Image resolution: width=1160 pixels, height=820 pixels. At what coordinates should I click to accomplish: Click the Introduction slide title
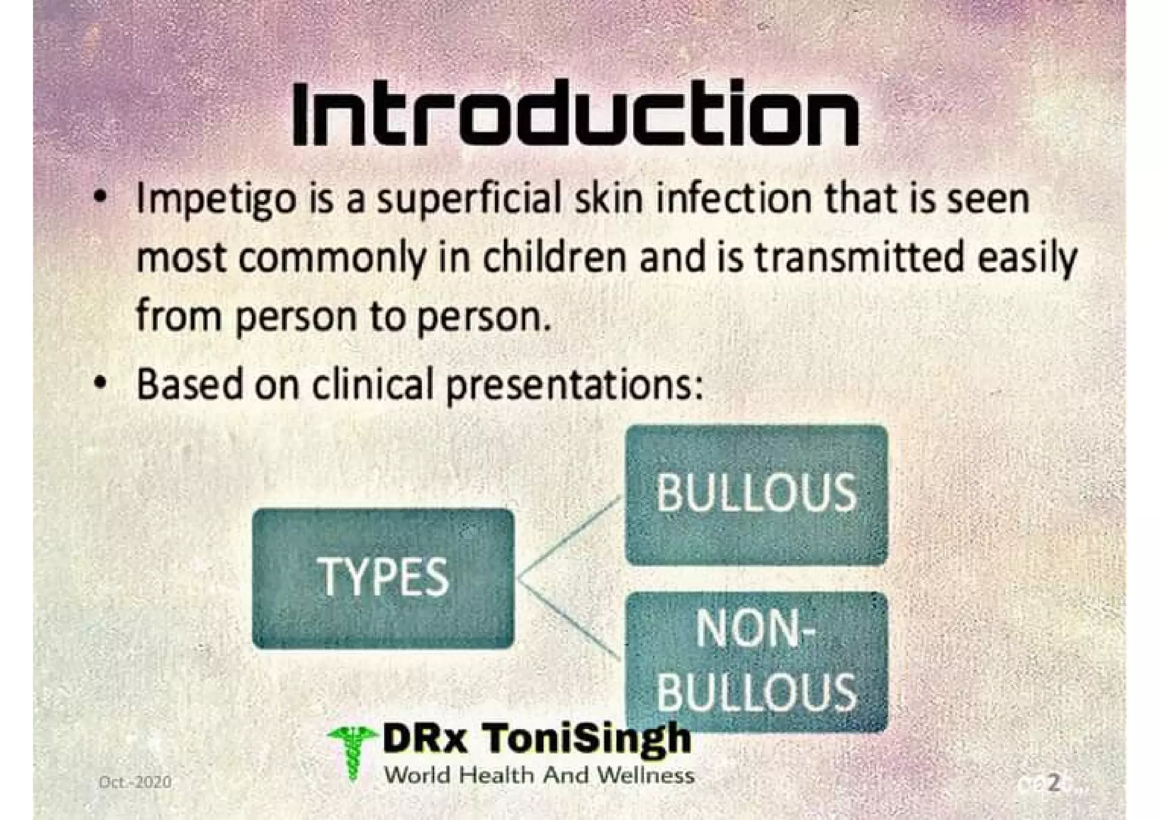575,115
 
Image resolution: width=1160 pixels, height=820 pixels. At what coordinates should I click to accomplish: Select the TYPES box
383,578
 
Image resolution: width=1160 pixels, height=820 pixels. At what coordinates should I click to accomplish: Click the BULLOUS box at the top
756,494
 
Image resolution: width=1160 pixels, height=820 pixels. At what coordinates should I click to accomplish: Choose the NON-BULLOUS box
756,661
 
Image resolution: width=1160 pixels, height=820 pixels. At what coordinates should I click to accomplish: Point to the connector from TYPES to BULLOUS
569,538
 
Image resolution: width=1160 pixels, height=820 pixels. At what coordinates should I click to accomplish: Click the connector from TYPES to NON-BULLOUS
569,620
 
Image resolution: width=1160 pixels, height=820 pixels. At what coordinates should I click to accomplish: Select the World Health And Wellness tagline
539,775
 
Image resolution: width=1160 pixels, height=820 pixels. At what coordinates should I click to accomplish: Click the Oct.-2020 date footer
135,782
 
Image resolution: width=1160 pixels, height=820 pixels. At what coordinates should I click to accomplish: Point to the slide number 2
1053,783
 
